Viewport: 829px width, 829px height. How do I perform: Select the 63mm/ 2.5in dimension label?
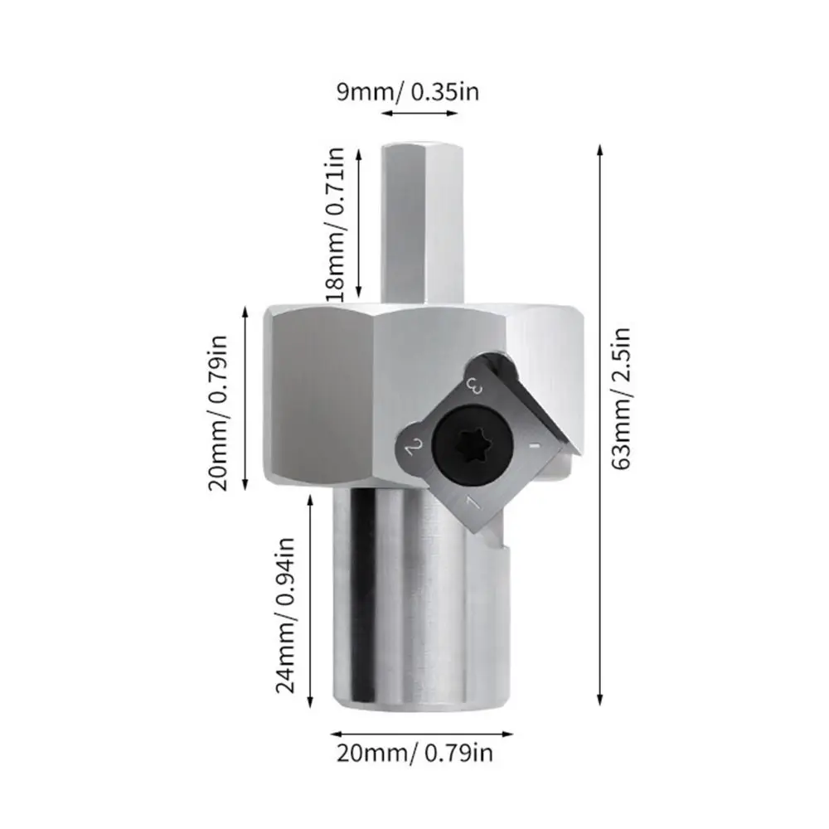pyautogui.click(x=623, y=398)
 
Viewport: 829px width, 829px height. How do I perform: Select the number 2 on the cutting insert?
pyautogui.click(x=414, y=448)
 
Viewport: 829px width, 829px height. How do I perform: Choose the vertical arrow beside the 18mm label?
pyautogui.click(x=358, y=224)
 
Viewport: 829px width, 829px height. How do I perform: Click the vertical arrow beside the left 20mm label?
pyautogui.click(x=245, y=398)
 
